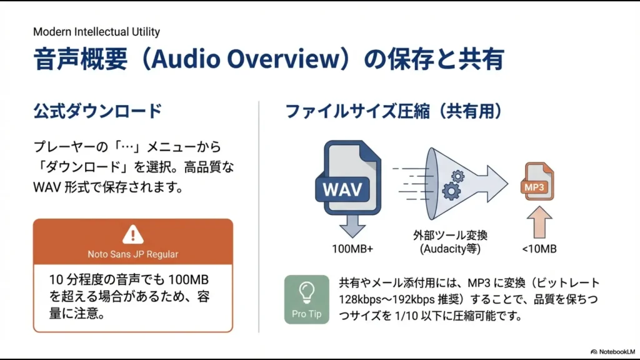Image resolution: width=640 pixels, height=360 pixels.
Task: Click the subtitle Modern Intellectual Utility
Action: (96, 31)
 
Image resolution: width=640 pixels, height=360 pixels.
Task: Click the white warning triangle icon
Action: (132, 234)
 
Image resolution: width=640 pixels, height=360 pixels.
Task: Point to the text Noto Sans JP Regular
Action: (132, 254)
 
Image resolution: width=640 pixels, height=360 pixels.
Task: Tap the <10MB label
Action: (539, 249)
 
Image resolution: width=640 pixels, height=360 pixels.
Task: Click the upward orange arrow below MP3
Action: (539, 222)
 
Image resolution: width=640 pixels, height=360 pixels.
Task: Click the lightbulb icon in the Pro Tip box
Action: (306, 291)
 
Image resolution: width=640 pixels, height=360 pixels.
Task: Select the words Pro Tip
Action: (306, 314)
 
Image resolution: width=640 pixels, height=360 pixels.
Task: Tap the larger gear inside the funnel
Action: (451, 190)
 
